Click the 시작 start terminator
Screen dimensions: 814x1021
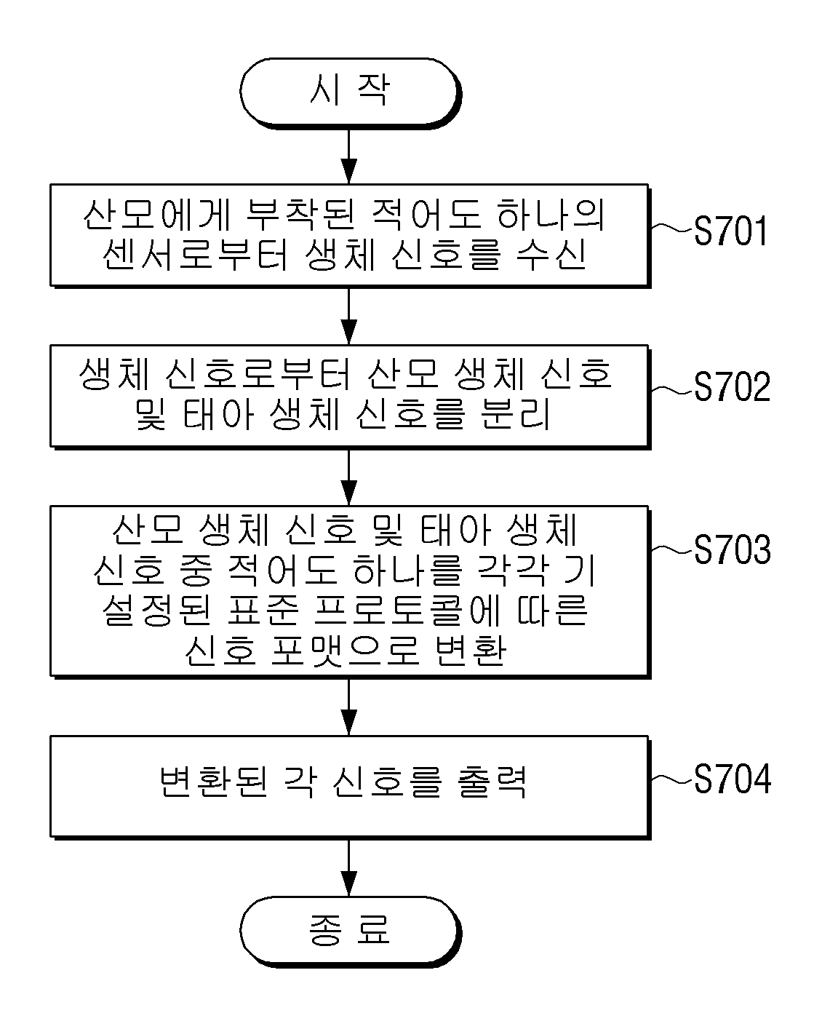350,93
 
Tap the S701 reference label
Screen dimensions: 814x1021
730,231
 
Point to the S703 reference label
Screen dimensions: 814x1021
732,549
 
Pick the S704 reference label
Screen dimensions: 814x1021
732,779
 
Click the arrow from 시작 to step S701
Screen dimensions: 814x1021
349,156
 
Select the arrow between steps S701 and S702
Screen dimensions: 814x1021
349,317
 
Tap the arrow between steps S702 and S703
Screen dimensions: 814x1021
349,477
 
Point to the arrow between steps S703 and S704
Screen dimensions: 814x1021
349,707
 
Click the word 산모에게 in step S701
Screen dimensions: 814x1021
157,215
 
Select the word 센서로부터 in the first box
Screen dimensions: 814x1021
195,255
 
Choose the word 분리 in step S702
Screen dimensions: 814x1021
515,414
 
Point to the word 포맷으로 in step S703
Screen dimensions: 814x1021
345,651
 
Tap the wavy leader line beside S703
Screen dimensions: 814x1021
671,549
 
